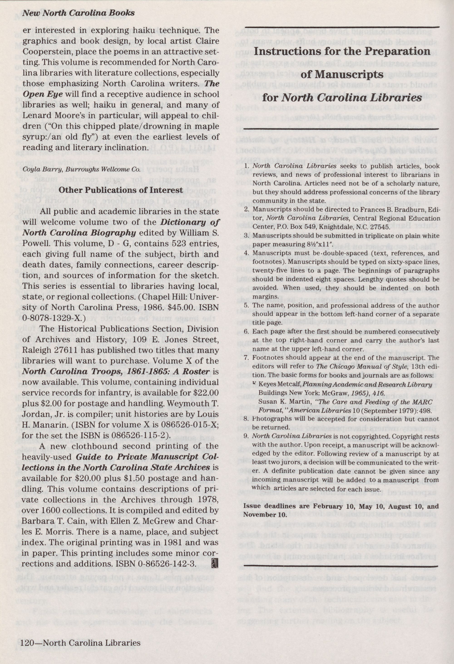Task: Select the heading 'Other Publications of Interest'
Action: [x=121, y=190]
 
